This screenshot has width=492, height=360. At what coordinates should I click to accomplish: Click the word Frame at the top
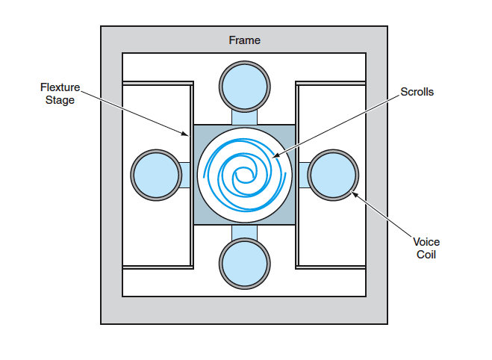[x=244, y=40]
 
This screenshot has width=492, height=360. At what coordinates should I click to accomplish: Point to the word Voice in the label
[x=426, y=242]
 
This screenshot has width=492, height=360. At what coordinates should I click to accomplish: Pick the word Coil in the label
[x=426, y=254]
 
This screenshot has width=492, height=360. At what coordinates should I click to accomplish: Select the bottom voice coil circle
[x=244, y=264]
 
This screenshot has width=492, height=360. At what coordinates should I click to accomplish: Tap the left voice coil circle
[x=155, y=174]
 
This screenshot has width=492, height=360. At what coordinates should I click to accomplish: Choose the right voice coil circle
[x=333, y=174]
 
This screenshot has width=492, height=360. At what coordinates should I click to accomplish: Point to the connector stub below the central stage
[x=244, y=232]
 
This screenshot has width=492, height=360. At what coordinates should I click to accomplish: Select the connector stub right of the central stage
[x=302, y=174]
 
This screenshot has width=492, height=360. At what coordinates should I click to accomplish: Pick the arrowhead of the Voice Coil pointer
[x=350, y=193]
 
